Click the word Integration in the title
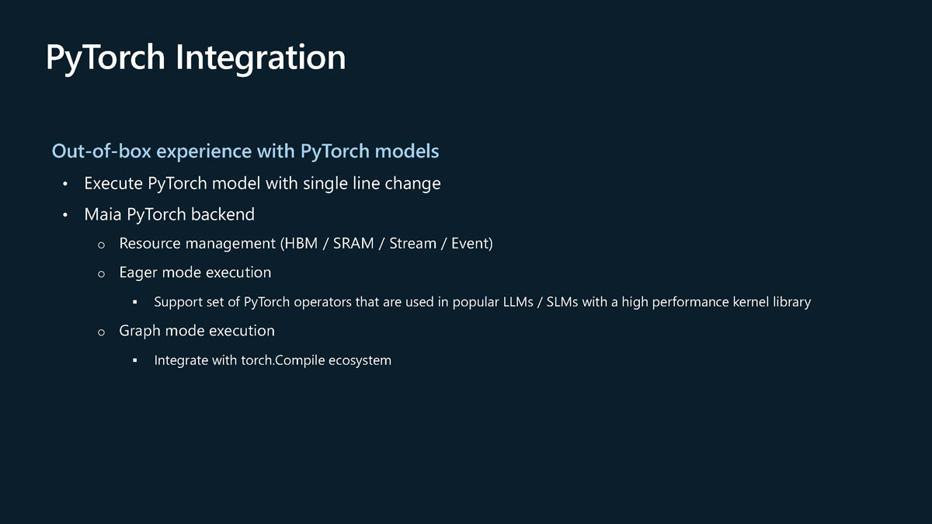click(260, 58)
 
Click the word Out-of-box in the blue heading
click(101, 151)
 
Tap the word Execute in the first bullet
click(113, 183)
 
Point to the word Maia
click(103, 214)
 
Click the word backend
click(223, 214)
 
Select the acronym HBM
click(301, 243)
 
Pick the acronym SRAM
click(353, 243)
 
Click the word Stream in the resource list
click(412, 243)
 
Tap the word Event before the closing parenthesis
click(470, 243)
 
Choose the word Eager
click(138, 273)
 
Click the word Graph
click(140, 331)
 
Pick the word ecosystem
click(360, 360)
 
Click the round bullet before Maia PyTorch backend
click(65, 215)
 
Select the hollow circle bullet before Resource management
click(101, 245)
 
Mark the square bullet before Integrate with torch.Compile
click(135, 360)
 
